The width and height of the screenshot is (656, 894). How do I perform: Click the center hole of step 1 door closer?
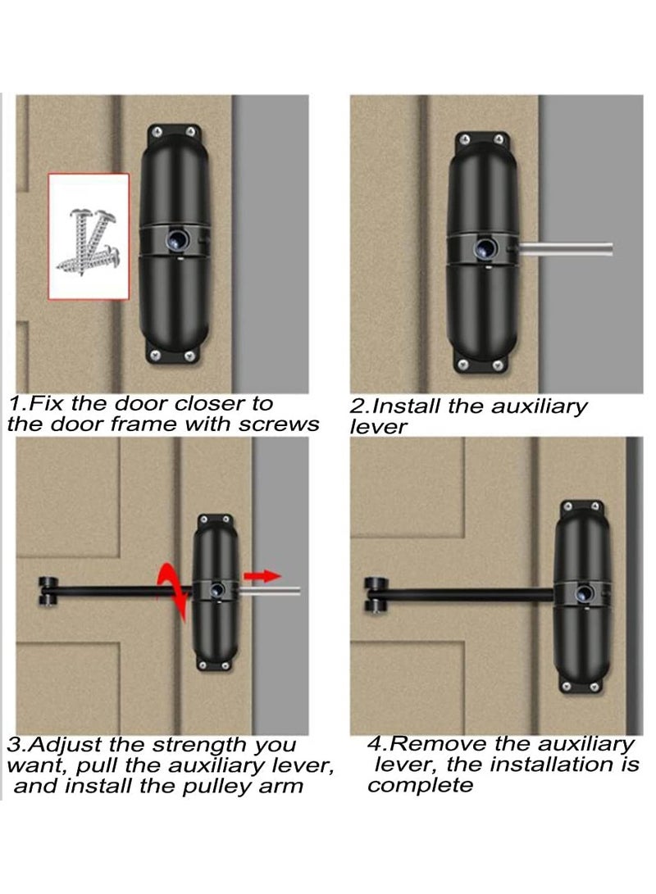(176, 238)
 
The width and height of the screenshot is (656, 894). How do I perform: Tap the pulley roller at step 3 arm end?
(48, 592)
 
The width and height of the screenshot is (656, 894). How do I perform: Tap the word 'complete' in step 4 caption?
(421, 786)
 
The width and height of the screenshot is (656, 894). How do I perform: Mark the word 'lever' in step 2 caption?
(378, 428)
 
